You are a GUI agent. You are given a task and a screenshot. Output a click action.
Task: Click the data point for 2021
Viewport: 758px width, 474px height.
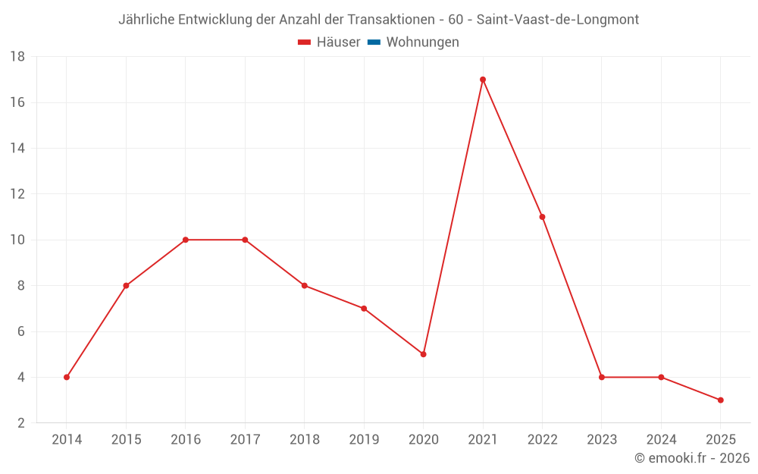point(483,80)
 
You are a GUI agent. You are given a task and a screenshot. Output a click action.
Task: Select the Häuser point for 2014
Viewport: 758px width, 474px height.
point(67,377)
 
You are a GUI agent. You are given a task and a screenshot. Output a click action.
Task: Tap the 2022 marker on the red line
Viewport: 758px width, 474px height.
point(542,217)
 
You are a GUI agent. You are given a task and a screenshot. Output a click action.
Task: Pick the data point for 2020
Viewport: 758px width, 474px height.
point(423,354)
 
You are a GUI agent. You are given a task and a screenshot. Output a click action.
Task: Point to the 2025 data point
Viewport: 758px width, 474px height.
point(720,400)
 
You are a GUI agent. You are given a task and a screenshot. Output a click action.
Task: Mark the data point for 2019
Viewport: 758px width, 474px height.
point(364,309)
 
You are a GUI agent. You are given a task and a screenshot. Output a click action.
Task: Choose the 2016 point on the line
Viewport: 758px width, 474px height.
point(186,240)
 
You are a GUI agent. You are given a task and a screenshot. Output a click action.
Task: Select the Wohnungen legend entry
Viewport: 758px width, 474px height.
point(422,42)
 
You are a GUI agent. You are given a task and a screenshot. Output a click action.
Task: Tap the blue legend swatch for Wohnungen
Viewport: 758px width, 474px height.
point(374,42)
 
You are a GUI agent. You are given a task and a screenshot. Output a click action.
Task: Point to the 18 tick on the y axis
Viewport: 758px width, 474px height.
point(17,57)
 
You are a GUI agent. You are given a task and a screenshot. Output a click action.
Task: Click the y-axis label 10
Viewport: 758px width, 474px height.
point(17,240)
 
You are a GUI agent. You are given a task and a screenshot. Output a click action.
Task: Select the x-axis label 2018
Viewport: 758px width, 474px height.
point(304,440)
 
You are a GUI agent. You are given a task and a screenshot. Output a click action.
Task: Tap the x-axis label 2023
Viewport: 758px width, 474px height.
point(601,440)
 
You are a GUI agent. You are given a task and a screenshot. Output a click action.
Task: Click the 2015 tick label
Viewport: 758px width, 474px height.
point(126,440)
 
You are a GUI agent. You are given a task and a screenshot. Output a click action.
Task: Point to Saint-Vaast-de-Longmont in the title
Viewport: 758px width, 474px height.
point(557,20)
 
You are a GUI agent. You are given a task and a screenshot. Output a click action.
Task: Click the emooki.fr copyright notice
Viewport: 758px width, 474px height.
point(691,458)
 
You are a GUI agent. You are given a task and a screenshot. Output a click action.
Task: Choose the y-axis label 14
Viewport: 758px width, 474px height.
point(17,148)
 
